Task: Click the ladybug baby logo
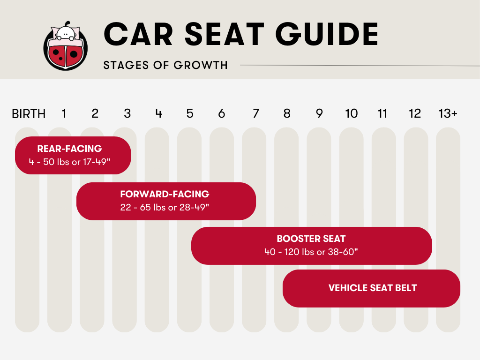[x=66, y=46]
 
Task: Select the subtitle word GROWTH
[x=201, y=65]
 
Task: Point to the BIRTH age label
[x=29, y=114]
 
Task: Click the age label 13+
[x=448, y=113]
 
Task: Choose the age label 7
[x=256, y=113]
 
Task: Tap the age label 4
[x=158, y=113]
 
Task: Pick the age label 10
[x=352, y=113]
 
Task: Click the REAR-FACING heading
[x=69, y=149]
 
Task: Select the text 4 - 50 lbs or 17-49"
[x=69, y=162]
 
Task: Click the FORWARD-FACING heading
[x=165, y=194]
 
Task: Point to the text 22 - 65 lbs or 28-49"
[x=165, y=208]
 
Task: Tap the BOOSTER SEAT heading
[x=311, y=239]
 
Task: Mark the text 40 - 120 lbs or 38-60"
[x=311, y=252]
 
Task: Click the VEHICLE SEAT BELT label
[x=373, y=288]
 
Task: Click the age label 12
[x=415, y=113]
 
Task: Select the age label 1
[x=64, y=113]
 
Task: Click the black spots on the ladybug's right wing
[x=74, y=54]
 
